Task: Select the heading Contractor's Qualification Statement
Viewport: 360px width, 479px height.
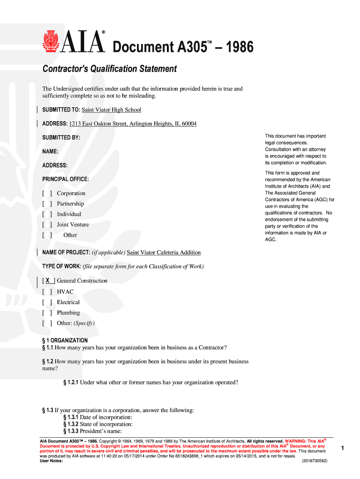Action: point(110,69)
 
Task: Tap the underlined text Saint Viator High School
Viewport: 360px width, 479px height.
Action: point(111,110)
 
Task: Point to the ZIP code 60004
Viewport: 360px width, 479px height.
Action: point(188,124)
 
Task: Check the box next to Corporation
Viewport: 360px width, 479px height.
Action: point(47,193)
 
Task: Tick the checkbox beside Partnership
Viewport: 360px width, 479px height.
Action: point(47,204)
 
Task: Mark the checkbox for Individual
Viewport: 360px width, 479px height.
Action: point(47,214)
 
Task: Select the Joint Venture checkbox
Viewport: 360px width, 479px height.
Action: point(47,225)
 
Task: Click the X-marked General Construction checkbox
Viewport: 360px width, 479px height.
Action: point(48,281)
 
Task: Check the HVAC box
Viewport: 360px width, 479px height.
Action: point(47,292)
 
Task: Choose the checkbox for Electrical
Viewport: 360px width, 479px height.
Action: point(47,302)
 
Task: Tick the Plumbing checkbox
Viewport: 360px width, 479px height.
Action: point(47,313)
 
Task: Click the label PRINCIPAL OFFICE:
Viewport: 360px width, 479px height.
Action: point(65,179)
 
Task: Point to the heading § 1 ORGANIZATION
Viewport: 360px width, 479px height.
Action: point(65,341)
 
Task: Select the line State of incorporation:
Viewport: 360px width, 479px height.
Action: point(106,424)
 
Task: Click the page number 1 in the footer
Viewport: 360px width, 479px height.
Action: point(343,448)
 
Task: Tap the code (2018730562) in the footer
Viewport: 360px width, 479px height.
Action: point(315,461)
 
